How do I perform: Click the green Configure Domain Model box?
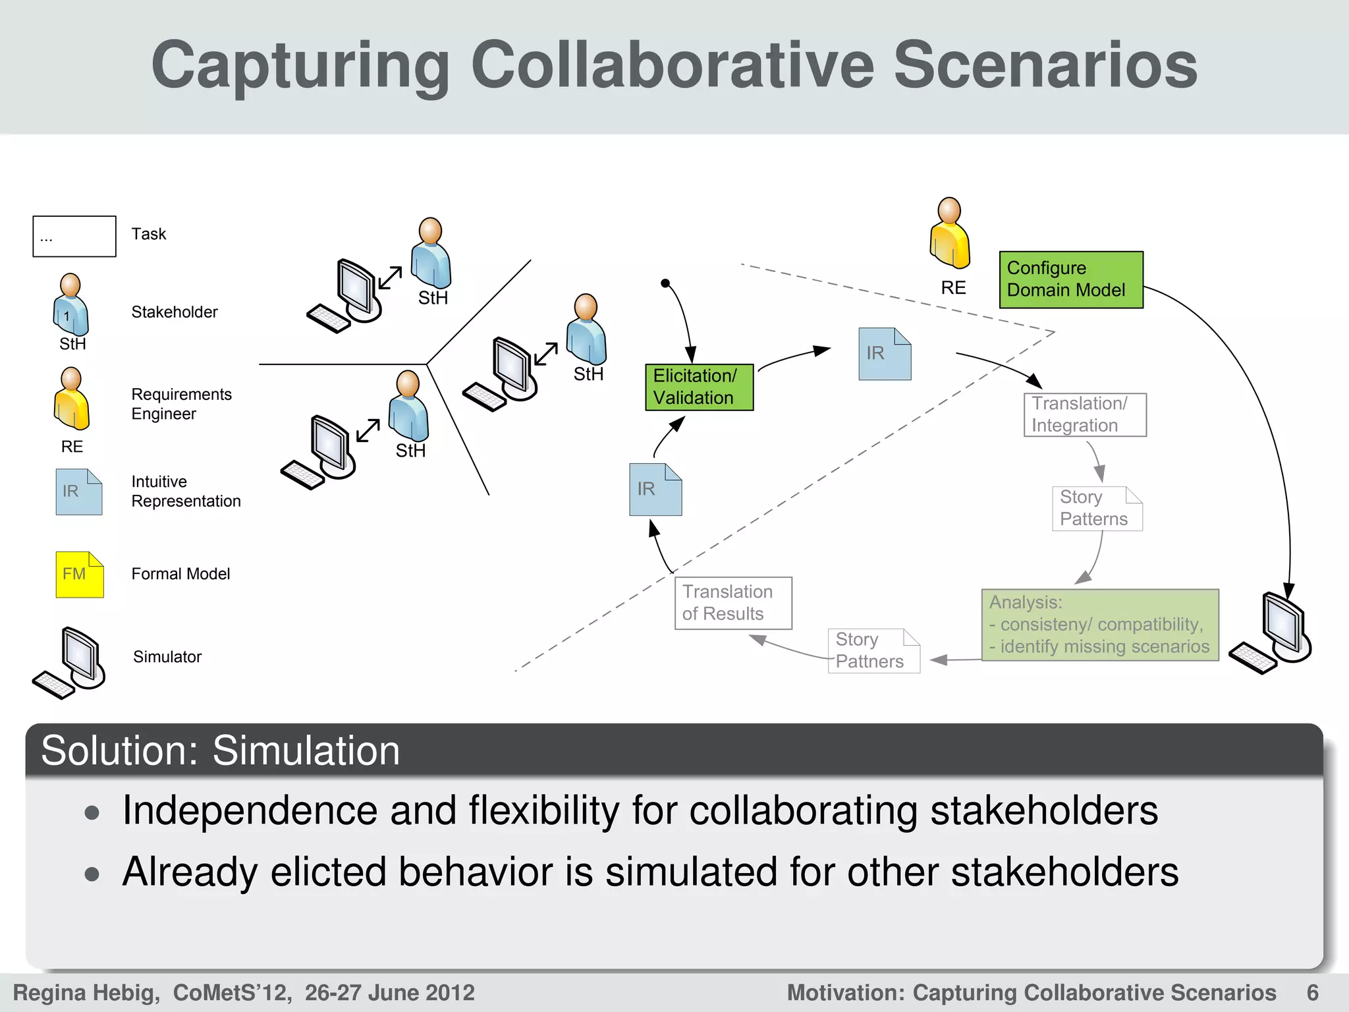(1071, 279)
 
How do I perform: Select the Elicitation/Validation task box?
(699, 387)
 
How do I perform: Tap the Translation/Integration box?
(1085, 414)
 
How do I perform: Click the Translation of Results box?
(733, 603)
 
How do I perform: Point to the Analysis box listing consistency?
(1100, 625)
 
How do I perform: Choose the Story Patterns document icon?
(1097, 508)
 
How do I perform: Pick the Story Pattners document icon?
(873, 651)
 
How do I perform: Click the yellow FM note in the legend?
(79, 575)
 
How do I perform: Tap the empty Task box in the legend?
(74, 236)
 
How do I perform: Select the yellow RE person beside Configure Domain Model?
(950, 235)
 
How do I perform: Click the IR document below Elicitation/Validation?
(655, 490)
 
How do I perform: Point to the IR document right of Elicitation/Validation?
(885, 354)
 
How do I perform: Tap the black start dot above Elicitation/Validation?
(665, 283)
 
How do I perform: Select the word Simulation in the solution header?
(306, 750)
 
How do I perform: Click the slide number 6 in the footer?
(1312, 992)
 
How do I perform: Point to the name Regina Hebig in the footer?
(86, 992)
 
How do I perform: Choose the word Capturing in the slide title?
(300, 65)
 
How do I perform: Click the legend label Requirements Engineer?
(181, 404)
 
